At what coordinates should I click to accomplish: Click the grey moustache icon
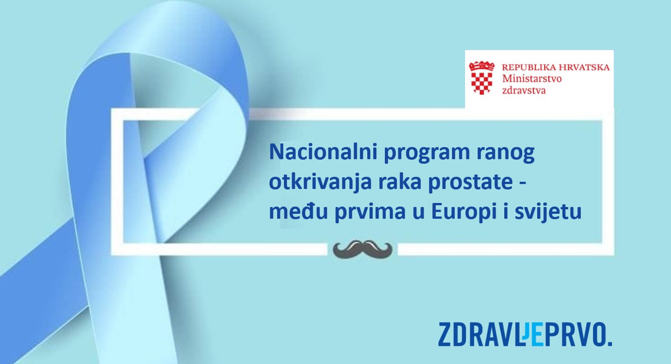tap(362, 248)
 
